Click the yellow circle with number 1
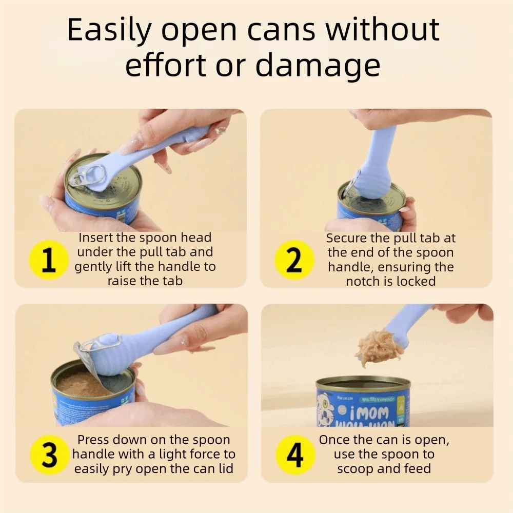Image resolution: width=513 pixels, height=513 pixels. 49,260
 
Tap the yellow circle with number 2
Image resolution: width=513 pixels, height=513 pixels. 294,260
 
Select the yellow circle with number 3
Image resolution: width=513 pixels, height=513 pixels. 49,455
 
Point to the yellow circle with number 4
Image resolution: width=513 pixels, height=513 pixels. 294,455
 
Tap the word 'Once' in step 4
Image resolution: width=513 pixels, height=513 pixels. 336,440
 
